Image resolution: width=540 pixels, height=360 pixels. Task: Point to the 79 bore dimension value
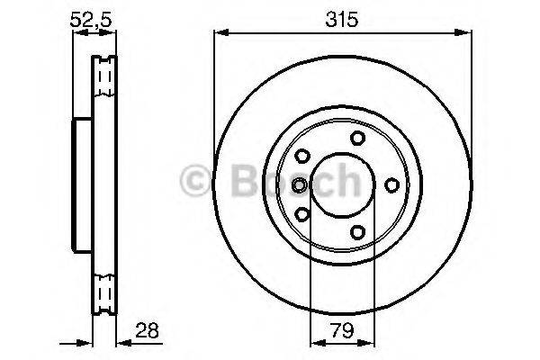coord(339,330)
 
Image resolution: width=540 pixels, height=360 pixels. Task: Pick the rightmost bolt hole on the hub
coord(392,184)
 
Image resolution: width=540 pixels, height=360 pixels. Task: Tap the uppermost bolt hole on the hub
coord(358,138)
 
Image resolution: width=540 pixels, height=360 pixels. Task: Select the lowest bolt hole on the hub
coord(358,232)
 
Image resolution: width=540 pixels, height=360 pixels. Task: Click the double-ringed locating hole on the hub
coord(301,184)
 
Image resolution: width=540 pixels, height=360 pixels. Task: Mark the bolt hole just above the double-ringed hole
coord(302,155)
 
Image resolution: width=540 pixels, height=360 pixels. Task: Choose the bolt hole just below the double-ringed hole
coord(302,214)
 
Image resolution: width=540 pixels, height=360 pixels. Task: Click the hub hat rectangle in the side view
coord(79,184)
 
